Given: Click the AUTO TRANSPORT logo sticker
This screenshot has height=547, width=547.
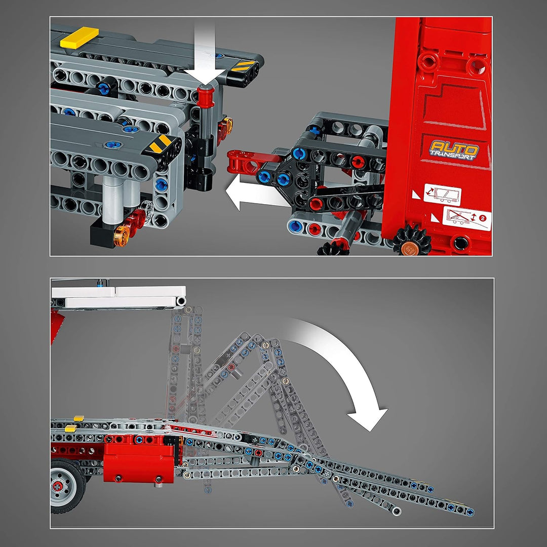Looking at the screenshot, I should tap(454, 150).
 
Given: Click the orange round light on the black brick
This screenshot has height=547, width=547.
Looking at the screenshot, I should tap(121, 236).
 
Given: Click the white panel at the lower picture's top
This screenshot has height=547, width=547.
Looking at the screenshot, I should tap(119, 297).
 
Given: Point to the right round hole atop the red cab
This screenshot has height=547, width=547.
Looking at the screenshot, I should tap(477, 65).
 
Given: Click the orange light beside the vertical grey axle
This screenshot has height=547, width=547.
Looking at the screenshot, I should tap(227, 125).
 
